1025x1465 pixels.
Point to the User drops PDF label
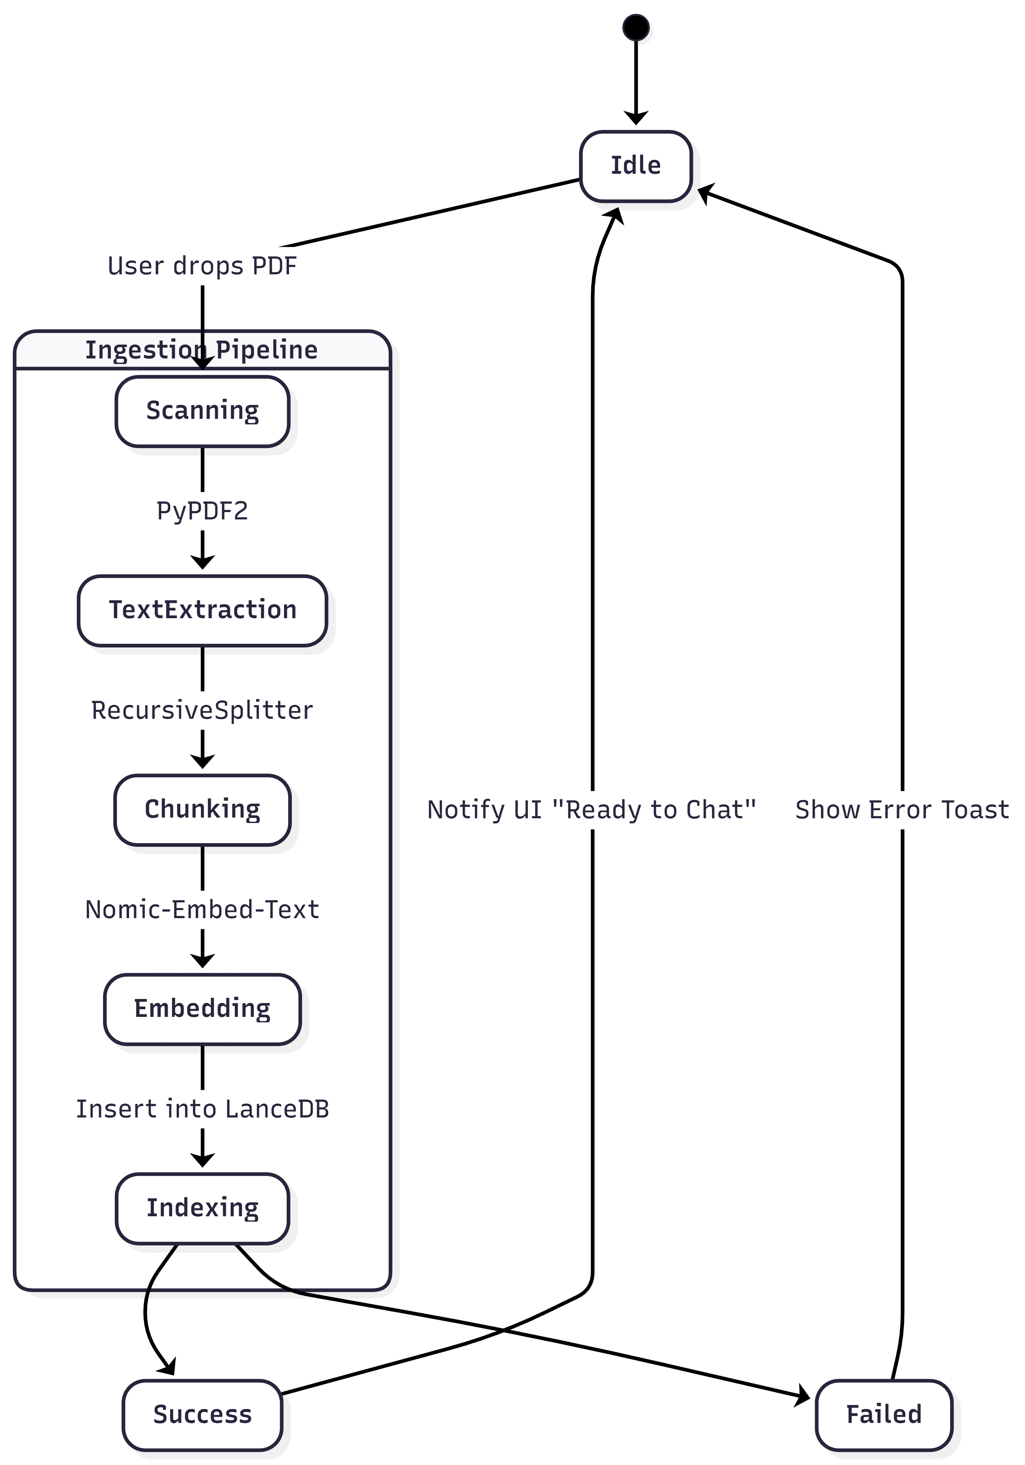[x=202, y=266]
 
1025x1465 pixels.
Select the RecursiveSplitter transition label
[x=202, y=710]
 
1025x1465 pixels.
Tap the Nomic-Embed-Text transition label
[x=202, y=909]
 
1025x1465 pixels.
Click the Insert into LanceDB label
[x=202, y=1109]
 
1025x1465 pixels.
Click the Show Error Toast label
[x=902, y=810]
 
